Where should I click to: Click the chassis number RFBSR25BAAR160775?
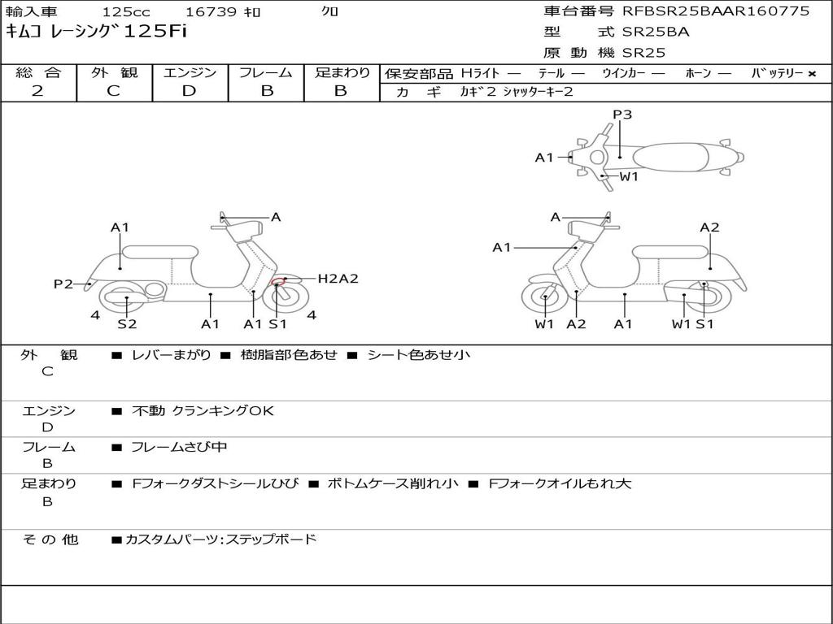click(x=716, y=11)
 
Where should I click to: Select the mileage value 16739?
click(x=211, y=12)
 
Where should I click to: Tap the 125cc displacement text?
click(x=126, y=12)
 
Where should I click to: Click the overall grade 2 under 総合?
click(x=37, y=91)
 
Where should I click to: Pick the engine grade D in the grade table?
click(x=189, y=91)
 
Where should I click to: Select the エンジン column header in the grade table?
click(x=190, y=73)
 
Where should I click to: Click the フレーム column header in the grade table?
click(x=266, y=73)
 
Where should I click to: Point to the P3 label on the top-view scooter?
click(x=622, y=115)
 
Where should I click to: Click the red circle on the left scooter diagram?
click(x=278, y=284)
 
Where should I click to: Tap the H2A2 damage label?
click(x=338, y=279)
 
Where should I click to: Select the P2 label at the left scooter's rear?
click(x=63, y=284)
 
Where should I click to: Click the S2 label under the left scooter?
click(x=127, y=324)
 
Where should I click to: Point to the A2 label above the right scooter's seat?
click(x=709, y=227)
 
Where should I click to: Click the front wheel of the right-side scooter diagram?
click(x=544, y=298)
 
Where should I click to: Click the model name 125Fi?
click(x=155, y=32)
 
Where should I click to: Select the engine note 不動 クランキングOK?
click(x=203, y=411)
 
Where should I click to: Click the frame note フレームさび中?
click(x=180, y=447)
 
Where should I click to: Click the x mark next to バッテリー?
click(x=811, y=74)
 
